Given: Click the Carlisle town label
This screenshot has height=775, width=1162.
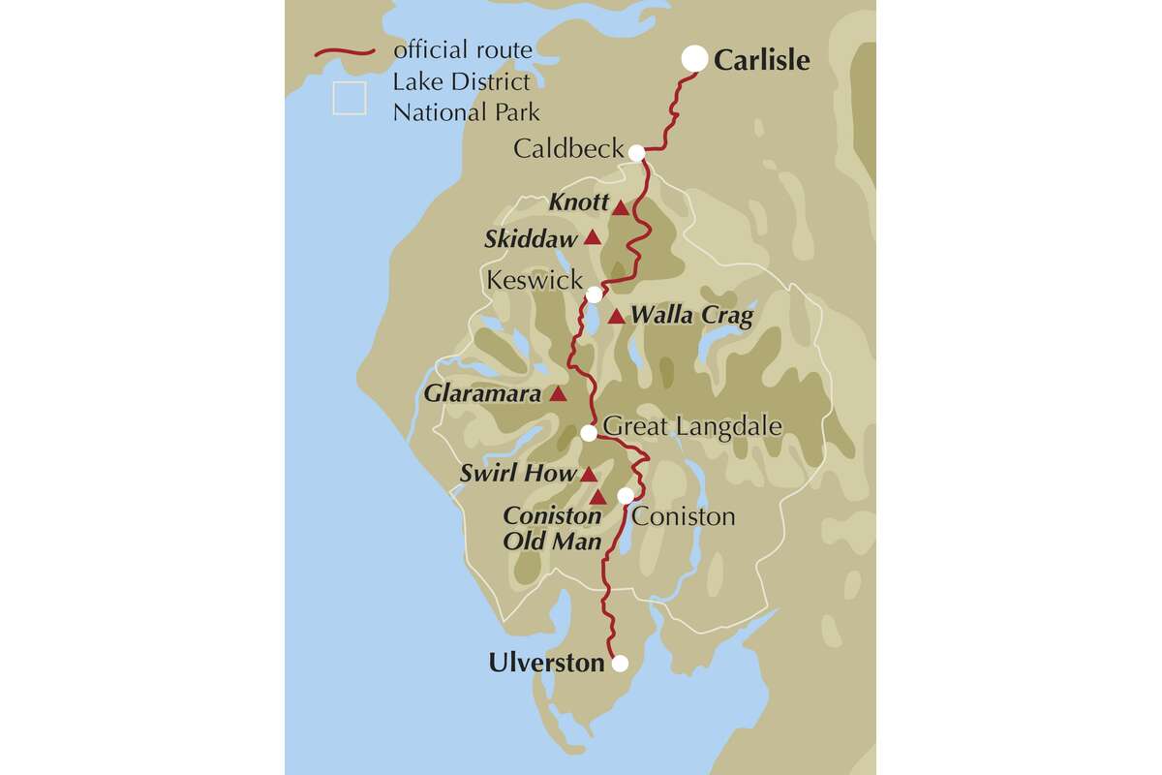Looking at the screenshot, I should click(x=761, y=60).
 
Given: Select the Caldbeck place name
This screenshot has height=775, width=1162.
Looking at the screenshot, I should click(x=568, y=149).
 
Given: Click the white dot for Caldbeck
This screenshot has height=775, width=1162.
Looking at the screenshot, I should click(x=636, y=152).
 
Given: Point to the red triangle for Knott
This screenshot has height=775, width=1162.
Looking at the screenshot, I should click(x=620, y=206).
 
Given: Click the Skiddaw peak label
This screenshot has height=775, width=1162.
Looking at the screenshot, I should click(x=530, y=238).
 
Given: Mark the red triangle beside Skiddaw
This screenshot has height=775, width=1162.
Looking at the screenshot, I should click(x=592, y=238).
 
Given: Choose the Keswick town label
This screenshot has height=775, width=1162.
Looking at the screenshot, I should click(x=535, y=281).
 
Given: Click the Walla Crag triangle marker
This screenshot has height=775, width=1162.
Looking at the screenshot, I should click(x=617, y=316).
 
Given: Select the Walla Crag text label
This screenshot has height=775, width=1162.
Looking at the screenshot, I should click(x=691, y=316).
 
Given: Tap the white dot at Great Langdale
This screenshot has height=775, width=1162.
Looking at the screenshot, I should click(x=589, y=433).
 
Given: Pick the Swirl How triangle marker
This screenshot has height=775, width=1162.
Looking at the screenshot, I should click(x=588, y=475).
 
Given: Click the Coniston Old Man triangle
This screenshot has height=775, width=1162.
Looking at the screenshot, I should click(x=598, y=498).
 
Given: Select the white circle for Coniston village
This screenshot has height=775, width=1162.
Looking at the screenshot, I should click(x=626, y=496).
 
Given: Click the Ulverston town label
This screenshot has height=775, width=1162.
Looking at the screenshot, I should click(x=546, y=664).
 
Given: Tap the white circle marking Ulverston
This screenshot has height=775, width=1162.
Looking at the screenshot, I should click(x=620, y=664).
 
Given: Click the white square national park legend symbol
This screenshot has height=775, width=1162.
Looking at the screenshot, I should click(x=349, y=99).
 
